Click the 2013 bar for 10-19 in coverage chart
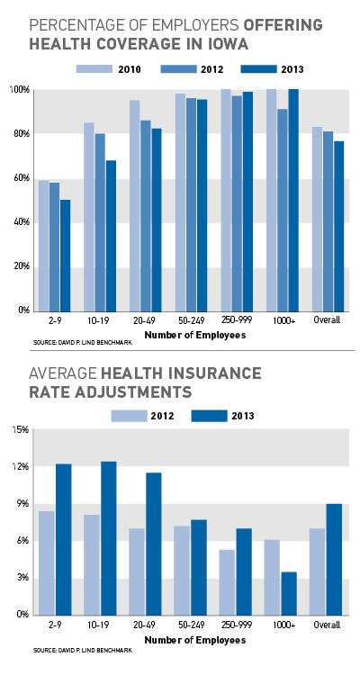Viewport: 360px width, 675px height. (111, 236)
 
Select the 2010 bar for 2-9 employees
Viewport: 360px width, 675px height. (43, 246)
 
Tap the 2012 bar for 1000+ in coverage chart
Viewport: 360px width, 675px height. (282, 210)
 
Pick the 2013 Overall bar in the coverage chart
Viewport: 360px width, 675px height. (339, 226)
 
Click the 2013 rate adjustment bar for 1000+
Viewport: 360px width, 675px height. (289, 593)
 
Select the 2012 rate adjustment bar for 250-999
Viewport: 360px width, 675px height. (227, 582)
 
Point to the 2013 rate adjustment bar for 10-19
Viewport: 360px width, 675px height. (109, 538)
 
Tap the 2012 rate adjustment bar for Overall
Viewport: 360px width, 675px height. (318, 571)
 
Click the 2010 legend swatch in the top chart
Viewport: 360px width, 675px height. (94, 69)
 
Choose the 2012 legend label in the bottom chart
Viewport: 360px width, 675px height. (162, 416)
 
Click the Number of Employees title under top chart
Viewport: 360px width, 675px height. (195, 335)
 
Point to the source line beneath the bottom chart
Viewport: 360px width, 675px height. (83, 651)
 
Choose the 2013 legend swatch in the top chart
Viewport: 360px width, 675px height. (258, 69)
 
